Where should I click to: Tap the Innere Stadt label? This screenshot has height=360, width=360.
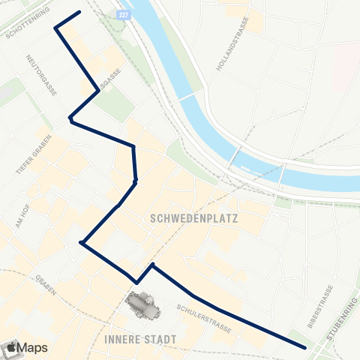tap(142, 340)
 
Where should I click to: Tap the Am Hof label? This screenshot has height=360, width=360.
tap(22, 214)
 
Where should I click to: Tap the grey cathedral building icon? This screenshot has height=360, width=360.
tap(140, 304)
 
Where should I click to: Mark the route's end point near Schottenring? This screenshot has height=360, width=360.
tap(79, 12)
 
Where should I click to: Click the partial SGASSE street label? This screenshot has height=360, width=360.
tap(109, 85)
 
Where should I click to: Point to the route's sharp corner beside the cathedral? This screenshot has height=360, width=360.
tap(137, 283)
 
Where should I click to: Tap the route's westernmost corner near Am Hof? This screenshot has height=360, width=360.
tap(81, 242)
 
